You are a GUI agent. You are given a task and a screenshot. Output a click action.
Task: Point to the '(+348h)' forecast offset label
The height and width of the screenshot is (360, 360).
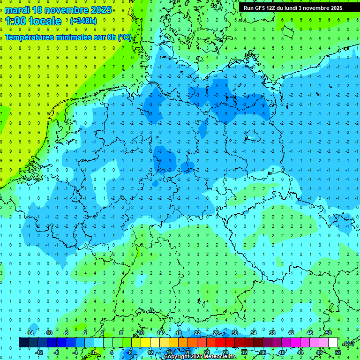[84, 21]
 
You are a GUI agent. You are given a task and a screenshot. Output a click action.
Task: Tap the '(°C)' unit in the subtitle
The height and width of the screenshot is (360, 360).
[124, 37]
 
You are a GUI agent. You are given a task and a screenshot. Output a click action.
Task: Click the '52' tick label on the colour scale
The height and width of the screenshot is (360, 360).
[337, 352]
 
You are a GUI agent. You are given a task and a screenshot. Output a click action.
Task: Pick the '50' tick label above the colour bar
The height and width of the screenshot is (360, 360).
[328, 333]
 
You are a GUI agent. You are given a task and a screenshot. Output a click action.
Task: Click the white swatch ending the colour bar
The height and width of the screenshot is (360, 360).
[333, 343]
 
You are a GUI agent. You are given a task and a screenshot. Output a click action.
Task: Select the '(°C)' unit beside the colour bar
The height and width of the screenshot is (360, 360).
[349, 343]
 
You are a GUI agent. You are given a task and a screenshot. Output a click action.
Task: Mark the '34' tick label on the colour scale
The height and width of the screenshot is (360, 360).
[253, 333]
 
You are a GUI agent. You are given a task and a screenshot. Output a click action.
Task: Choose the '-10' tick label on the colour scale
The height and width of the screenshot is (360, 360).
[48, 333]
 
